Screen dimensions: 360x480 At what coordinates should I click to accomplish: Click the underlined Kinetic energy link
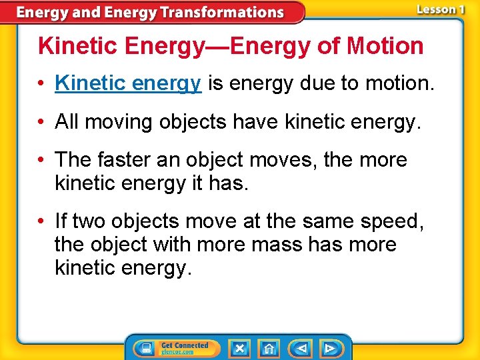pyautogui.click(x=128, y=83)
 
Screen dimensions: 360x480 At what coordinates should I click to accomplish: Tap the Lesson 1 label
pyautogui.click(x=441, y=9)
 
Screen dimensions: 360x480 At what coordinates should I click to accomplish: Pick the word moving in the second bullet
pyautogui.click(x=117, y=121)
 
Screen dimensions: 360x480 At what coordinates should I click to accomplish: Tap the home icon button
pyautogui.click(x=269, y=348)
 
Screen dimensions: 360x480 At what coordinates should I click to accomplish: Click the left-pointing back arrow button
pyautogui.click(x=301, y=348)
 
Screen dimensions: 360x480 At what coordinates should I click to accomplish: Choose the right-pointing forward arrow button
pyautogui.click(x=329, y=348)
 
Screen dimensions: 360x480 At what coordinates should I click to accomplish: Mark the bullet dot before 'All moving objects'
pyautogui.click(x=42, y=122)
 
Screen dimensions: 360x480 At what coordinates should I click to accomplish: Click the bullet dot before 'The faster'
pyautogui.click(x=42, y=161)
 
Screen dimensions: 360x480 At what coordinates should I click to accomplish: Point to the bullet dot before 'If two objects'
pyautogui.click(x=42, y=221)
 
